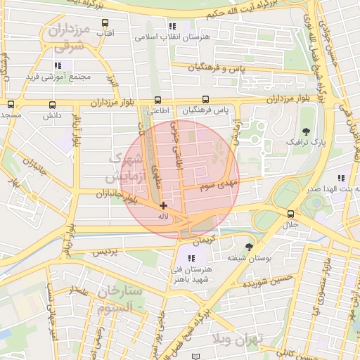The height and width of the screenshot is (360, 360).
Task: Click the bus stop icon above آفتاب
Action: pyautogui.click(x=106, y=22)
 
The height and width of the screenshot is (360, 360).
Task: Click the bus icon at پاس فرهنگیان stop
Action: pyautogui.click(x=205, y=100)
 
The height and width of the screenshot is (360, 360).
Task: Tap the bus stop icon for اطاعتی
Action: pyautogui.click(x=157, y=100)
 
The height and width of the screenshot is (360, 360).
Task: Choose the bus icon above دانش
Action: pyautogui.click(x=51, y=104)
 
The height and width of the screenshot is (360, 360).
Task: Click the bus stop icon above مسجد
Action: pyautogui.click(x=10, y=104)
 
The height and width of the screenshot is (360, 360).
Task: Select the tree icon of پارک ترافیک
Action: pyautogui.click(x=305, y=131)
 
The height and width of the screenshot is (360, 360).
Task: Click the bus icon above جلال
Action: pyautogui.click(x=290, y=214)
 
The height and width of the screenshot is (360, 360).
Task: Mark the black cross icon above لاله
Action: pyautogui.click(x=163, y=205)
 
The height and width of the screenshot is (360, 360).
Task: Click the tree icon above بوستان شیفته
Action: pyautogui.click(x=249, y=247)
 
